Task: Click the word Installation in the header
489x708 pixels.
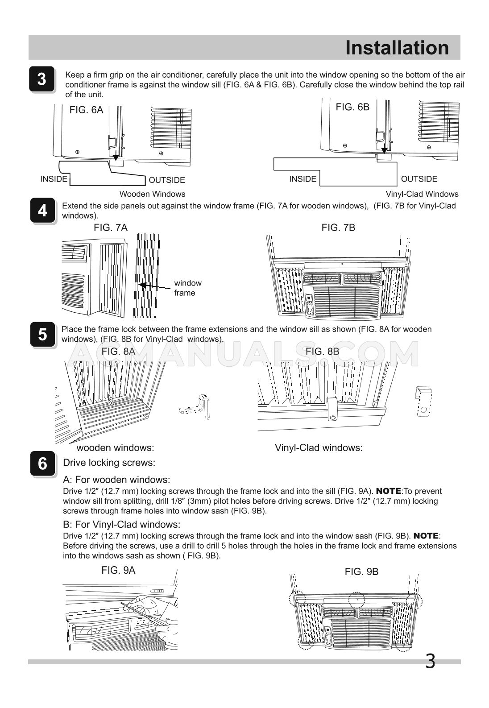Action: tap(397, 48)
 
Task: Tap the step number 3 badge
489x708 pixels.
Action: tap(41, 79)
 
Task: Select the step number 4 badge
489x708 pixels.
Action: tap(42, 210)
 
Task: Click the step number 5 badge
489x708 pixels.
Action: tap(42, 334)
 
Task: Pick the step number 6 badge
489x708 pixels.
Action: tap(42, 464)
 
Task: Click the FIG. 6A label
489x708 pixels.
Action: tap(86, 110)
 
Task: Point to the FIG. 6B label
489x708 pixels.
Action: tap(352, 107)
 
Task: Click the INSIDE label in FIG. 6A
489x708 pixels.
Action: tap(54, 179)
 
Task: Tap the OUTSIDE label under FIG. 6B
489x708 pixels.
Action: tap(419, 179)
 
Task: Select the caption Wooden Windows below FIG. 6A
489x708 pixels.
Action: tap(152, 194)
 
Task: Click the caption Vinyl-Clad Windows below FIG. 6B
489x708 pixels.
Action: tap(422, 194)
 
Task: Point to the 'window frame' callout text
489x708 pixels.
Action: tap(187, 288)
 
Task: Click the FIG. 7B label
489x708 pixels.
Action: tap(338, 228)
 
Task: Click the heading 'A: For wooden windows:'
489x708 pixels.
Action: tap(116, 480)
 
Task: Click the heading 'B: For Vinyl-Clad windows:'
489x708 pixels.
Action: tap(121, 524)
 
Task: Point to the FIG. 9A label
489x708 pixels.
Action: tap(118, 570)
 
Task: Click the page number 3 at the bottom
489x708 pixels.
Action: tap(430, 661)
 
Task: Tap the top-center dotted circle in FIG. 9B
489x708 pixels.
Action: tap(356, 599)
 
